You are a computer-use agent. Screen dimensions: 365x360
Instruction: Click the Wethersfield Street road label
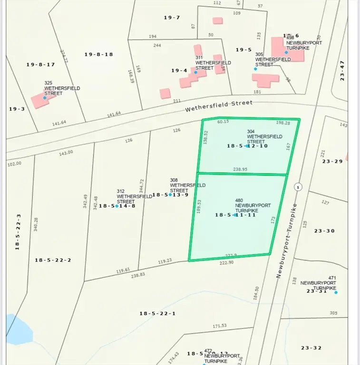[219, 106]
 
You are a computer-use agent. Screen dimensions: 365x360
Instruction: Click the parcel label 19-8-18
[99, 54]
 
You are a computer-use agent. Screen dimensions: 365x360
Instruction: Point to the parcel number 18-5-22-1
[157, 313]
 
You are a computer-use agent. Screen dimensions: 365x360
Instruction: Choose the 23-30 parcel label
[325, 231]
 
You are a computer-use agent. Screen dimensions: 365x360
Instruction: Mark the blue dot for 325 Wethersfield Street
[45, 97]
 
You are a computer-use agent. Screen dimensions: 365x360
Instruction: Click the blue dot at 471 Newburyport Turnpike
[336, 292]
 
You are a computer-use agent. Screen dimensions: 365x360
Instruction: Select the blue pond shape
[18, 329]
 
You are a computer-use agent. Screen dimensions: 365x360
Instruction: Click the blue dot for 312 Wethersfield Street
[117, 206]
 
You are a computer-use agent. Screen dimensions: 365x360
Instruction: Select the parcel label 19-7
[172, 18]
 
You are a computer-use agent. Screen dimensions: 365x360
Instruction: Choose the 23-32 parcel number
[311, 348]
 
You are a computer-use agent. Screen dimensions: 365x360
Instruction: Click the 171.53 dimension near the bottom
[219, 326]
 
